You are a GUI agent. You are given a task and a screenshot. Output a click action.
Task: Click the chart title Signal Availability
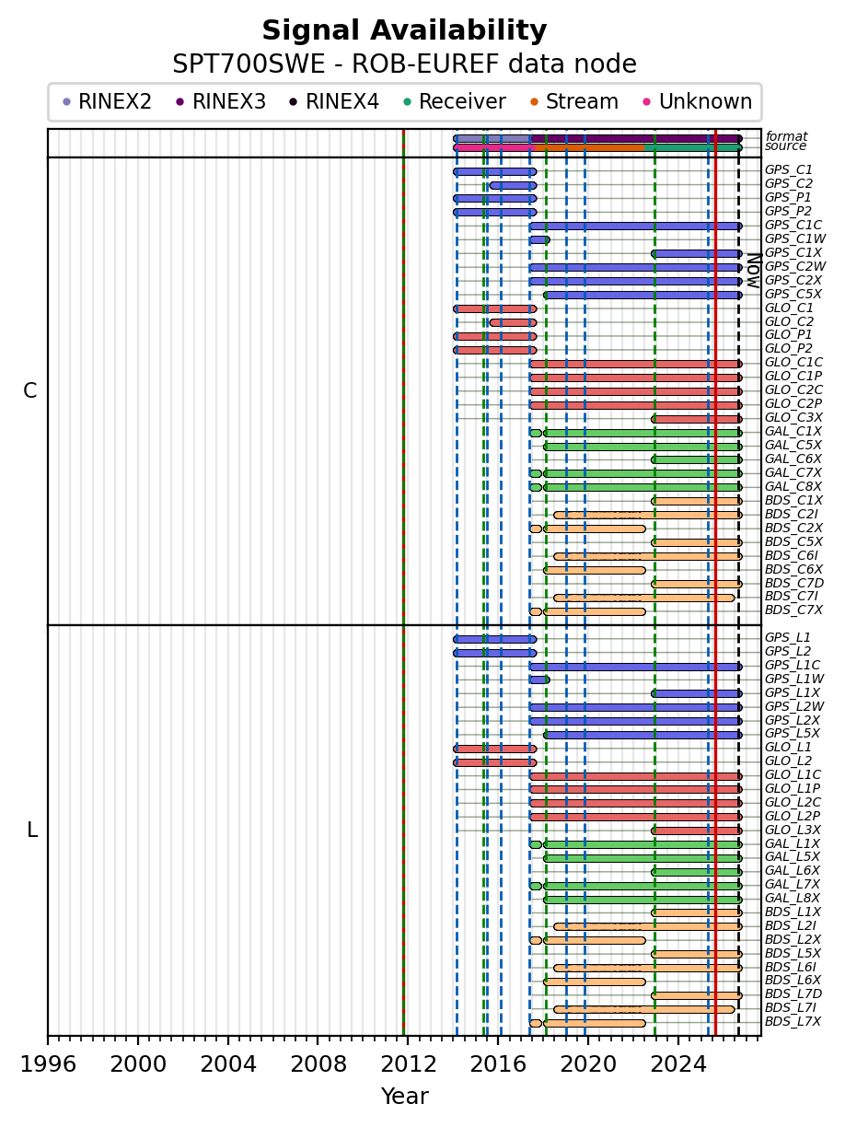coord(404,30)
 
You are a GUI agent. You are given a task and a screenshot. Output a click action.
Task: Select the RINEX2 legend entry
coord(107,101)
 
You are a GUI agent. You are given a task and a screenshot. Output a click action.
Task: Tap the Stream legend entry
coord(574,101)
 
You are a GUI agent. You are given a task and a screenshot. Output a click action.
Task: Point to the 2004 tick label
coord(227,1063)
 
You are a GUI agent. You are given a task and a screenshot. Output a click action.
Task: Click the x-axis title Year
coord(404,1097)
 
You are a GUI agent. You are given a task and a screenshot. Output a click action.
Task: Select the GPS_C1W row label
coord(794,238)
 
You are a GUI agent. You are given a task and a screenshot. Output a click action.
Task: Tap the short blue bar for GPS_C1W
coord(539,239)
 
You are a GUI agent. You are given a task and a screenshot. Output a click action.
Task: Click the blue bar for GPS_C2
coord(513,185)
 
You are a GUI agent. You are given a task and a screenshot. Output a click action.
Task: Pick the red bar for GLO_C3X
coord(697,419)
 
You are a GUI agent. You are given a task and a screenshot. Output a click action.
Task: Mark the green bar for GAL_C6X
coord(697,459)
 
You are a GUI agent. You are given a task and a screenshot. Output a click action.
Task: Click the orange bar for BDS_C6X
coord(595,570)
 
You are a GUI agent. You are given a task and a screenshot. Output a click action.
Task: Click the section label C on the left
coord(29,390)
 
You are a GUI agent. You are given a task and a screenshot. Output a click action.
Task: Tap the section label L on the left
coord(32,830)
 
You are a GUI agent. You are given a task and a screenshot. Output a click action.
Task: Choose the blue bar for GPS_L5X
coord(642,735)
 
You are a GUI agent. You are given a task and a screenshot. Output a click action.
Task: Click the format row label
coord(786,136)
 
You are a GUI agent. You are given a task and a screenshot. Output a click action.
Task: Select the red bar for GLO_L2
coord(495,762)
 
